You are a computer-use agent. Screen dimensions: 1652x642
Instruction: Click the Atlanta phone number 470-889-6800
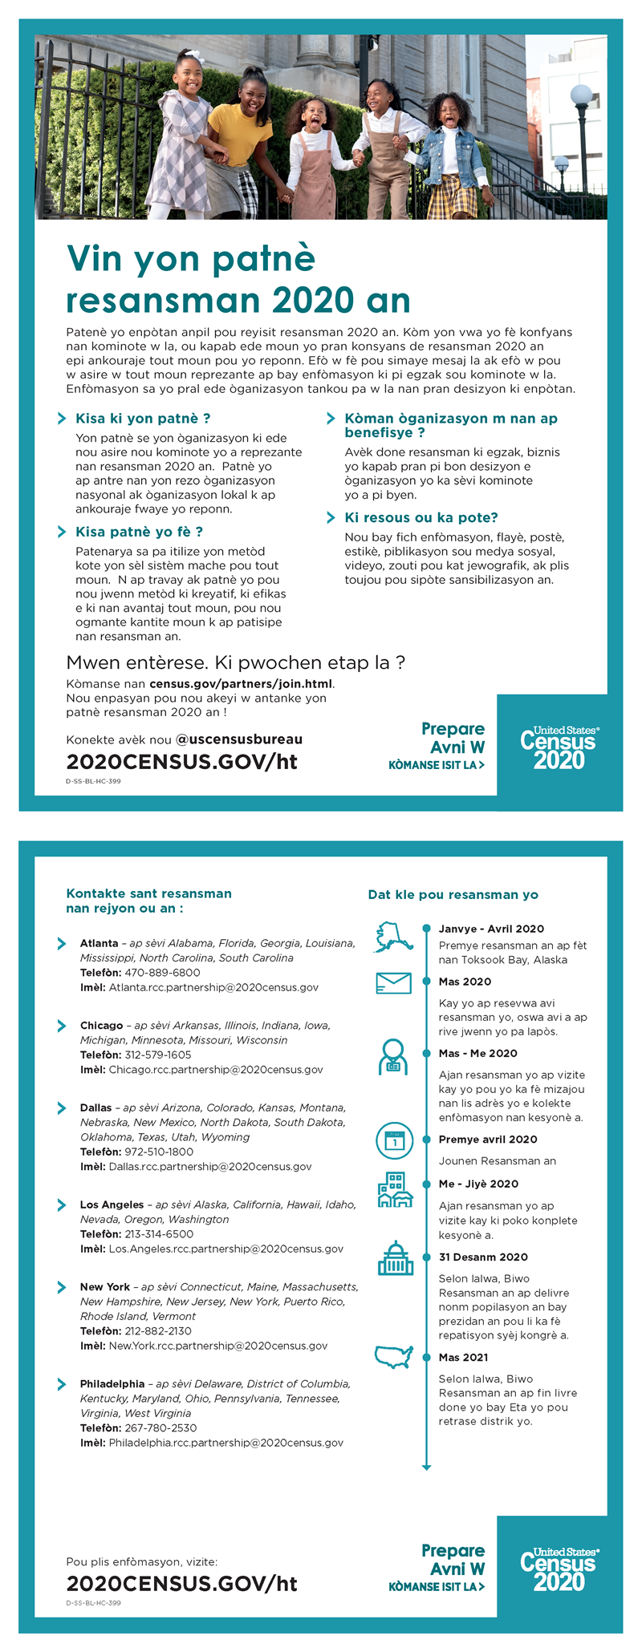pos(162,973)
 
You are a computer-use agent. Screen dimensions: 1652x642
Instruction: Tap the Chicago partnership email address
pos(216,1069)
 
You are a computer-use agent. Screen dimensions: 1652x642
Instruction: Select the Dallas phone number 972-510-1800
pos(159,1152)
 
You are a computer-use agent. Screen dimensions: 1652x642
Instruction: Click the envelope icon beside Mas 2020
pos(393,982)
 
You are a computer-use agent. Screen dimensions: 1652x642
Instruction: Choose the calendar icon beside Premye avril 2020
pos(394,1140)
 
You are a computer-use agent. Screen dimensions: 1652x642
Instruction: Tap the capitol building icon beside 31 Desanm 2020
pos(395,1258)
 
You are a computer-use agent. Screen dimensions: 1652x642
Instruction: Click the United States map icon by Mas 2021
pos(394,1356)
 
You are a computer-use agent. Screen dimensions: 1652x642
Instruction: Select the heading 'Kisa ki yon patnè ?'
pos(143,418)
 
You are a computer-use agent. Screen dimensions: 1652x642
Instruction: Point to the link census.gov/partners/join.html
pos(241,684)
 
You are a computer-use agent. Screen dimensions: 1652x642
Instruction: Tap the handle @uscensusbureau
pos(239,739)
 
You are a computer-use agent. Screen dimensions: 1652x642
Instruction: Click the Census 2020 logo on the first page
pos(559,748)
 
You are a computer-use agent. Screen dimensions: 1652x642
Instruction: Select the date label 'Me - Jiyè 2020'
pos(478,1184)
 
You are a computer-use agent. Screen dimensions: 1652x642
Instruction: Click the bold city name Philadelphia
pos(112,1383)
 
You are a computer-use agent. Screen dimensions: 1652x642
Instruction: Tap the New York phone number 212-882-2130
pos(158,1330)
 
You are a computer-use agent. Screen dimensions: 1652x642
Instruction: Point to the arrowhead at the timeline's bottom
pos(426,1467)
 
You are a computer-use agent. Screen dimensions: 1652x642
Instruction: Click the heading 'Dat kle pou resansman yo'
pos(453,894)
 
